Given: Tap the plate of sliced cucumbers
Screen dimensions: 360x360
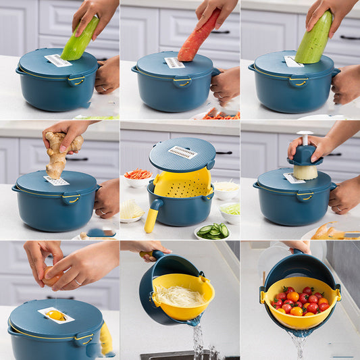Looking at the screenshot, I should (213, 232).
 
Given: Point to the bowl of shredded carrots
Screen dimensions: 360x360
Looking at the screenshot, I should (138, 176).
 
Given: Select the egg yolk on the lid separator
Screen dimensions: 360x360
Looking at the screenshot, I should (55, 315).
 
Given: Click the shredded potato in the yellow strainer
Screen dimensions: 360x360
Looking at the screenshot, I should (179, 295).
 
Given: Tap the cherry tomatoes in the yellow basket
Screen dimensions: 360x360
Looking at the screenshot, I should (300, 301).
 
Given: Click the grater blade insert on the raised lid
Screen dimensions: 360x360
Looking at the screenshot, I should (182, 152).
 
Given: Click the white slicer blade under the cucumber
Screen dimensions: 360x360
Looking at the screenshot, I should (58, 61).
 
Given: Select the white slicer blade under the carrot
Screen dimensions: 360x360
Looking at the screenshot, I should (174, 63).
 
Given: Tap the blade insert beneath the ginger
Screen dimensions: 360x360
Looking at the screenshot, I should (57, 181).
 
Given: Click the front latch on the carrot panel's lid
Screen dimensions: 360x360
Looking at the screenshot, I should (182, 82).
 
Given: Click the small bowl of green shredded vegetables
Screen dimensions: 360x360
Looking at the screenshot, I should (230, 211).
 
